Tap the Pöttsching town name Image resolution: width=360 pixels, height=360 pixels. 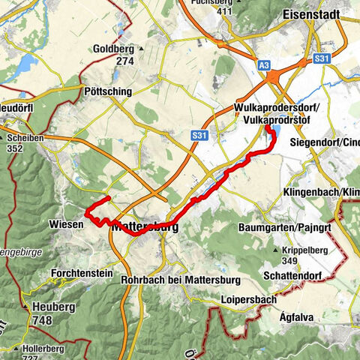click(106, 91)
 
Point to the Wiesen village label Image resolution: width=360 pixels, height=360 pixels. click(63, 224)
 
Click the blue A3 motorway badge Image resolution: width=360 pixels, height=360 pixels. click(264, 66)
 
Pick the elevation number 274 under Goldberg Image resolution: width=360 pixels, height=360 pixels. click(124, 61)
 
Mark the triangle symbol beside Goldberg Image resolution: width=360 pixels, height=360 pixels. click(140, 49)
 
